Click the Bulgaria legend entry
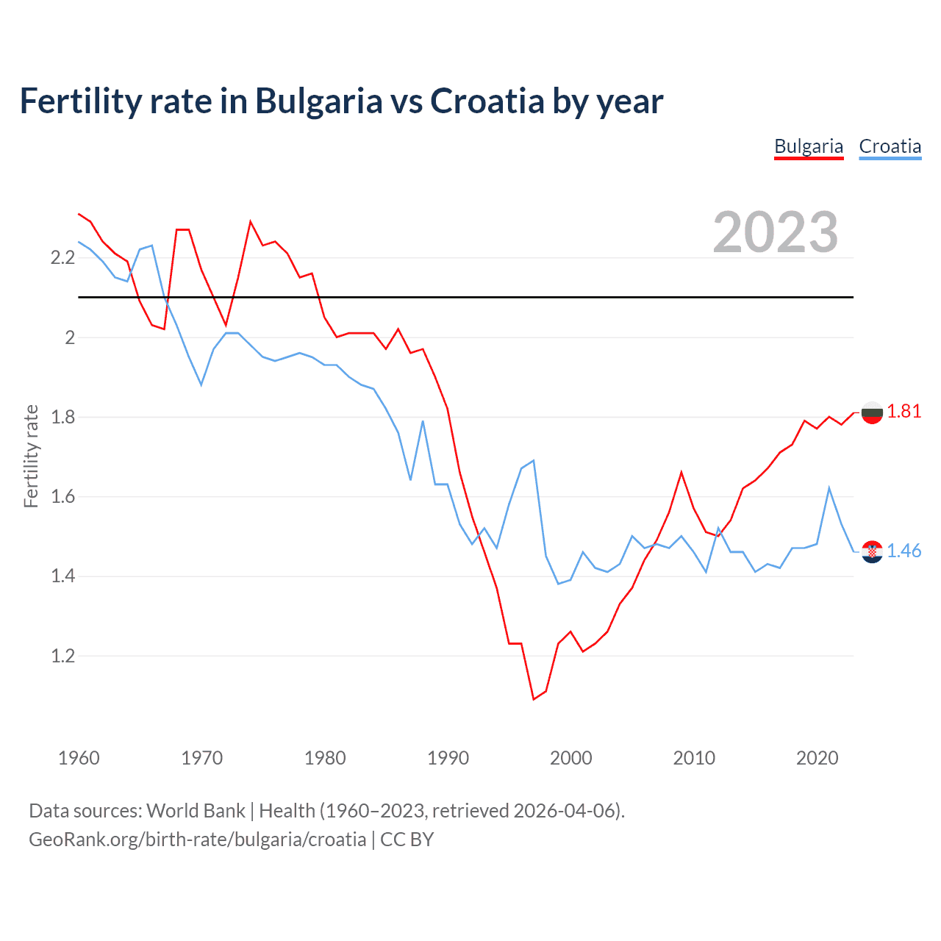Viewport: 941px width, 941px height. tap(809, 146)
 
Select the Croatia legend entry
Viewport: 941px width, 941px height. tap(890, 146)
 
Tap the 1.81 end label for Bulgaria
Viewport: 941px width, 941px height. tap(904, 411)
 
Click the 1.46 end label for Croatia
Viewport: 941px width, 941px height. tap(904, 551)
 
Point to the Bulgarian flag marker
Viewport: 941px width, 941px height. tap(872, 413)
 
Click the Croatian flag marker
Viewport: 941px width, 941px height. tap(872, 551)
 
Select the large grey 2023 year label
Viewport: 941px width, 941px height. tap(776, 232)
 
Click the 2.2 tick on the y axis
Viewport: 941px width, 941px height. tap(62, 257)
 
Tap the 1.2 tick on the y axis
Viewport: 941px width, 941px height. tap(62, 656)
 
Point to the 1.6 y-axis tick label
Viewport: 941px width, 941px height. tap(62, 497)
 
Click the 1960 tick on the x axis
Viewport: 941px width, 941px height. tap(79, 758)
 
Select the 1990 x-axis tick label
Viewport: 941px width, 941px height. tap(448, 758)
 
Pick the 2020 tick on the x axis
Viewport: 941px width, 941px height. tap(817, 758)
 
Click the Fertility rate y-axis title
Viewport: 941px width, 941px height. tap(31, 456)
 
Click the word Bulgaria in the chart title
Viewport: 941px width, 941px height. tap(318, 101)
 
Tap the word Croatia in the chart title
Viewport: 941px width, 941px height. tap(487, 101)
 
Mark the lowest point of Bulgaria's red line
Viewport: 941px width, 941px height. tap(534, 699)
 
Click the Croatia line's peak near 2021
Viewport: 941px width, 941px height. tap(829, 488)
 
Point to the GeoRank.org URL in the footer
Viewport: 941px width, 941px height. tap(197, 839)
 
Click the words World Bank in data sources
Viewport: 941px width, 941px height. tap(196, 810)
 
